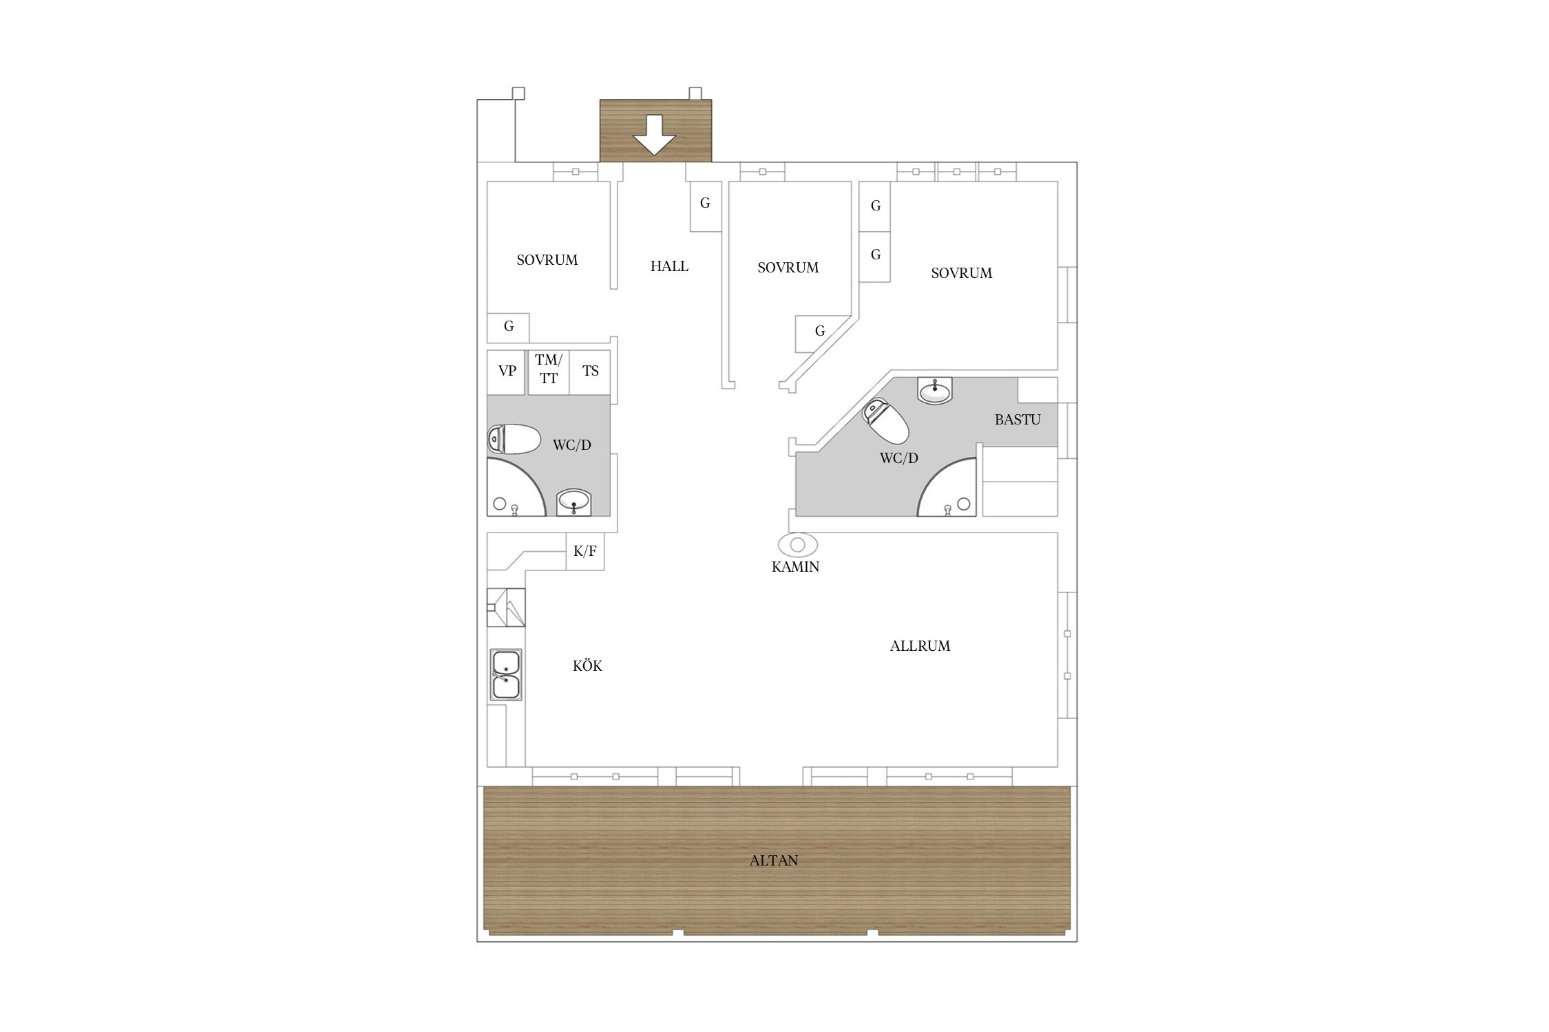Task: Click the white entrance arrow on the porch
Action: (x=654, y=135)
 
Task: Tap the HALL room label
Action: (x=669, y=266)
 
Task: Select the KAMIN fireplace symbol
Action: (x=798, y=545)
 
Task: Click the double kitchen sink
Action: (x=506, y=675)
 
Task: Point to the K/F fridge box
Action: (x=585, y=551)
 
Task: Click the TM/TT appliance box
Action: (x=549, y=372)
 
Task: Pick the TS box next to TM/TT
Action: (x=590, y=372)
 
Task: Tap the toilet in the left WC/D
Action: (x=514, y=439)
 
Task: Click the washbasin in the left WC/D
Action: (x=573, y=501)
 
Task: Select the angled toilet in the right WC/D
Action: (x=886, y=421)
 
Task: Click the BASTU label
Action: (x=1018, y=420)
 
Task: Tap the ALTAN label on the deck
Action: (x=774, y=861)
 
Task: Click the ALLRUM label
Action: (x=920, y=646)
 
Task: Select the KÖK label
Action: (x=587, y=665)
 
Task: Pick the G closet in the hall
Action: (x=706, y=206)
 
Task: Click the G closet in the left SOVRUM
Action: (x=508, y=328)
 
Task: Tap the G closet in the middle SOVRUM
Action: (x=819, y=333)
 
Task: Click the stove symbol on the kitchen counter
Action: (x=506, y=608)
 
